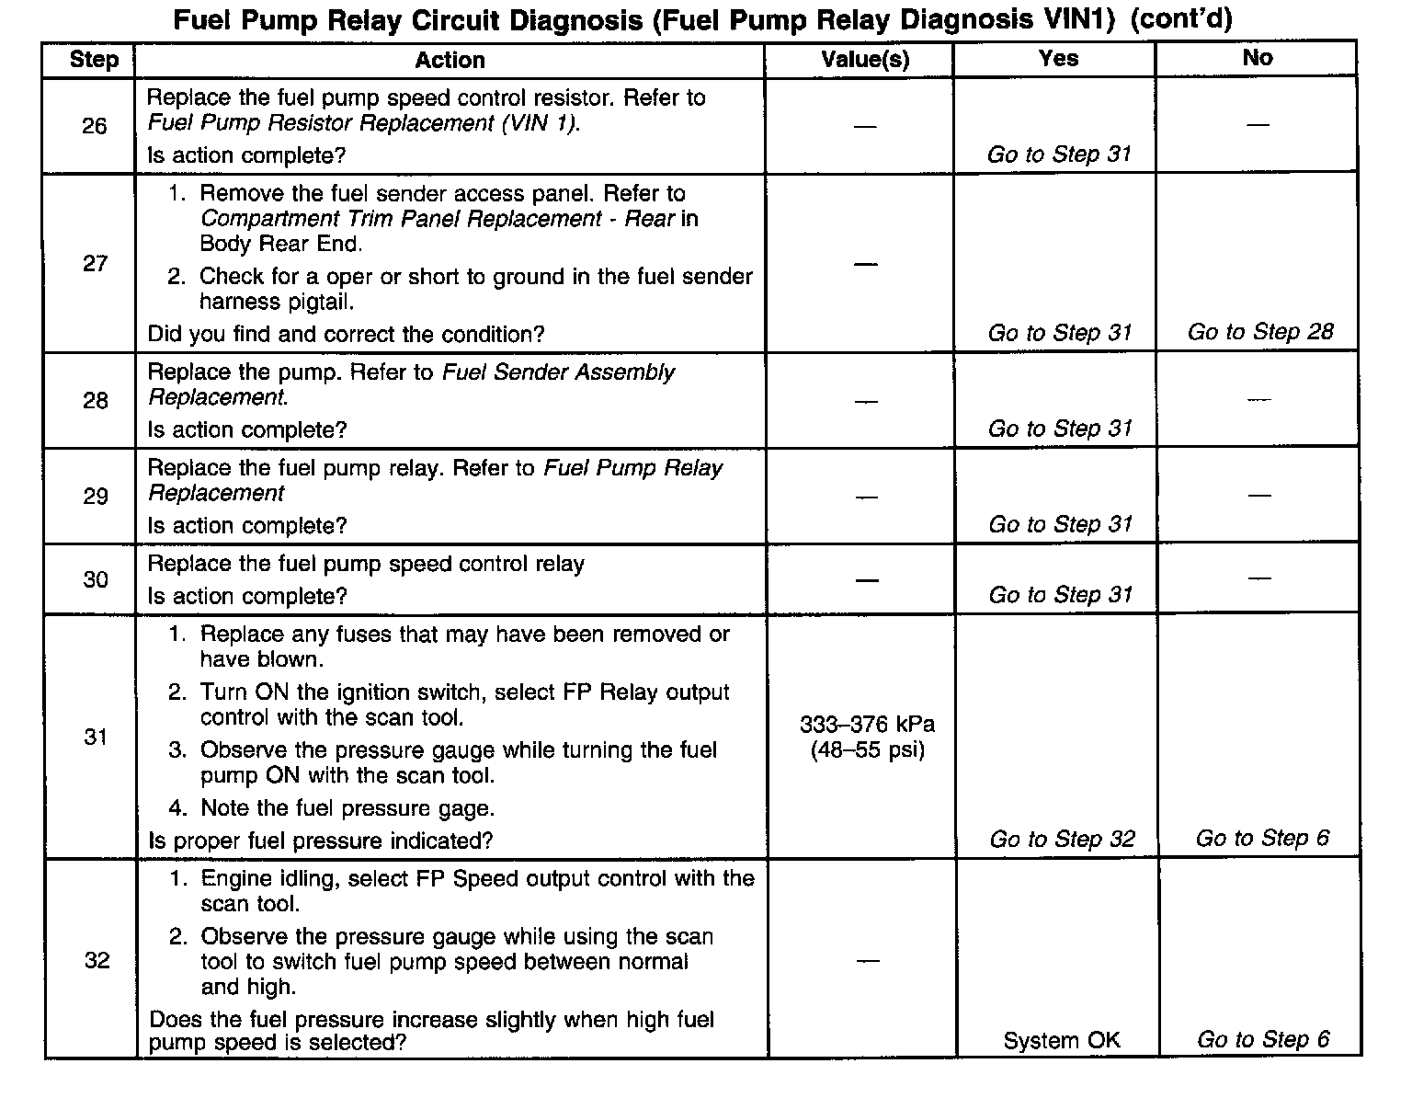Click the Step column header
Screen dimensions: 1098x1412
[x=94, y=60]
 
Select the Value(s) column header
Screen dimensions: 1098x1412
[x=865, y=60]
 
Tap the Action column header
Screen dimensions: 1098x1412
[x=450, y=60]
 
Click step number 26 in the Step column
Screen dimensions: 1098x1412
[x=95, y=126]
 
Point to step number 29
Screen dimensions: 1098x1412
[x=96, y=497]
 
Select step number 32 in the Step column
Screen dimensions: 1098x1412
[x=97, y=960]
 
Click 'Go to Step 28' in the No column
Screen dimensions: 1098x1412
[x=1259, y=332]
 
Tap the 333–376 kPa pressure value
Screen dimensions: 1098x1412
[x=867, y=725]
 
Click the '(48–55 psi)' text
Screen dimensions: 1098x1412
[x=867, y=750]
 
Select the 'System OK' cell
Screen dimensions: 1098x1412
[x=1062, y=1040]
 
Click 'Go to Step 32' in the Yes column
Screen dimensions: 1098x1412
[x=1062, y=839]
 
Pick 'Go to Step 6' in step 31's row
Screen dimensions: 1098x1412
[x=1261, y=838]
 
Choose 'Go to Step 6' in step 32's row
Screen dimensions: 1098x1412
[x=1262, y=1039]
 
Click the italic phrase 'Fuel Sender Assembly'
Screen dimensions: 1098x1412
[x=558, y=372]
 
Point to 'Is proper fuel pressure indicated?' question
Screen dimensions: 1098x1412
[x=321, y=841]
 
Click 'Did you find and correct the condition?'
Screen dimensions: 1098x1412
[x=346, y=334]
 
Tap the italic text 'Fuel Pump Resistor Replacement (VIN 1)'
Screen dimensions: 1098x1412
[x=363, y=123]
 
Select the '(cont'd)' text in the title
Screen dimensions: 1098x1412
[x=1180, y=18]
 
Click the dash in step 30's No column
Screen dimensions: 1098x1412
[x=1259, y=578]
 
